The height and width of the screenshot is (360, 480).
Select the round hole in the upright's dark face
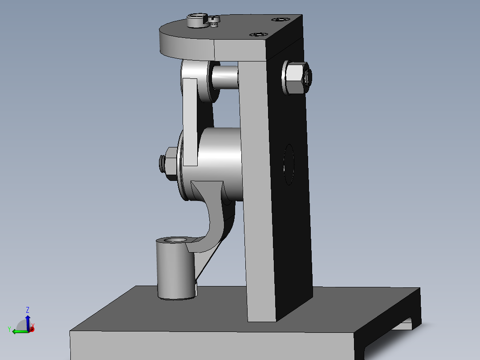pyautogui.click(x=289, y=164)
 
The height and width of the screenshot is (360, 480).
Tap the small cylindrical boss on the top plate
pyautogui.click(x=196, y=20)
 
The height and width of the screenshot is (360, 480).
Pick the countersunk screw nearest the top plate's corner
pyautogui.click(x=280, y=20)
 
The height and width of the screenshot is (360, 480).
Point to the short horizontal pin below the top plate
pyautogui.click(x=225, y=76)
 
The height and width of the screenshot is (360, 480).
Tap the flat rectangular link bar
pyautogui.click(x=191, y=120)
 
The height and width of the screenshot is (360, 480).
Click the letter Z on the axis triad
pyautogui.click(x=28, y=310)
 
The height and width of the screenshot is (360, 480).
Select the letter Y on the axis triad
pyautogui.click(x=9, y=328)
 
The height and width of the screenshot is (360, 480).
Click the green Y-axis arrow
pyautogui.click(x=18, y=331)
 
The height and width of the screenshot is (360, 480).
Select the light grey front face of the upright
pyautogui.click(x=258, y=200)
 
